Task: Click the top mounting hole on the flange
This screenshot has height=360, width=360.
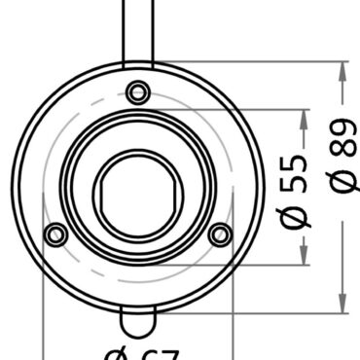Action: pos(138,91)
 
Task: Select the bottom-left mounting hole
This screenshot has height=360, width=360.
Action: pos(56,234)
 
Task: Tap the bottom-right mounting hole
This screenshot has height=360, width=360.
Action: pos(221,234)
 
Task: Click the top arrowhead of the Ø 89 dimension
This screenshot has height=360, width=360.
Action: pos(342,70)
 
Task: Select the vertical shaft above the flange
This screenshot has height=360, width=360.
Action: pos(138,29)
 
